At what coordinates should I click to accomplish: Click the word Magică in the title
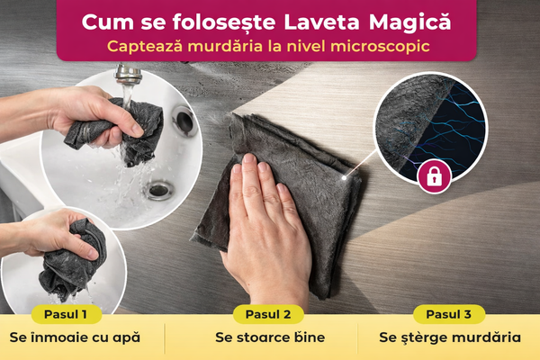point(409,22)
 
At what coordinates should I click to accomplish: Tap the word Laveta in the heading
point(321,22)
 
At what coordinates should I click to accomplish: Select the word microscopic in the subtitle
point(380,47)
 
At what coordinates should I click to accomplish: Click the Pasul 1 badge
point(66,314)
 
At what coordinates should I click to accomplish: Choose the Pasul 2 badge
point(268,314)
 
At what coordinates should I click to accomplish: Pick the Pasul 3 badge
point(449,314)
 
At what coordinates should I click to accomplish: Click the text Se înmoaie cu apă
point(75,337)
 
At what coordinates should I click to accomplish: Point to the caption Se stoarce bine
point(270,337)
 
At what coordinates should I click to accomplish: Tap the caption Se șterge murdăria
point(450,337)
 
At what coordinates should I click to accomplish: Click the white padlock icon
point(435,176)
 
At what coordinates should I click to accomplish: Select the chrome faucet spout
point(128,74)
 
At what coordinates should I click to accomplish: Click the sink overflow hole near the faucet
point(184,121)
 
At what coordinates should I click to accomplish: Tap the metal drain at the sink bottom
point(158,190)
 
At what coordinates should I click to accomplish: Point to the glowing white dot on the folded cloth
point(344,178)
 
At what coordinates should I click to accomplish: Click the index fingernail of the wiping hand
point(248,158)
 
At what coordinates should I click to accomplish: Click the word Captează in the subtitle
point(145,47)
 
